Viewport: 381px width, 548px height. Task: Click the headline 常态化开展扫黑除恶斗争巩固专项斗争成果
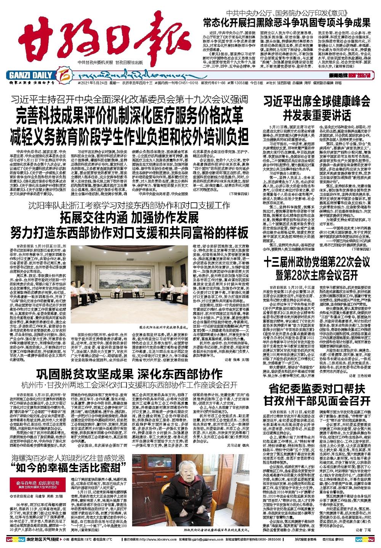click(292, 22)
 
